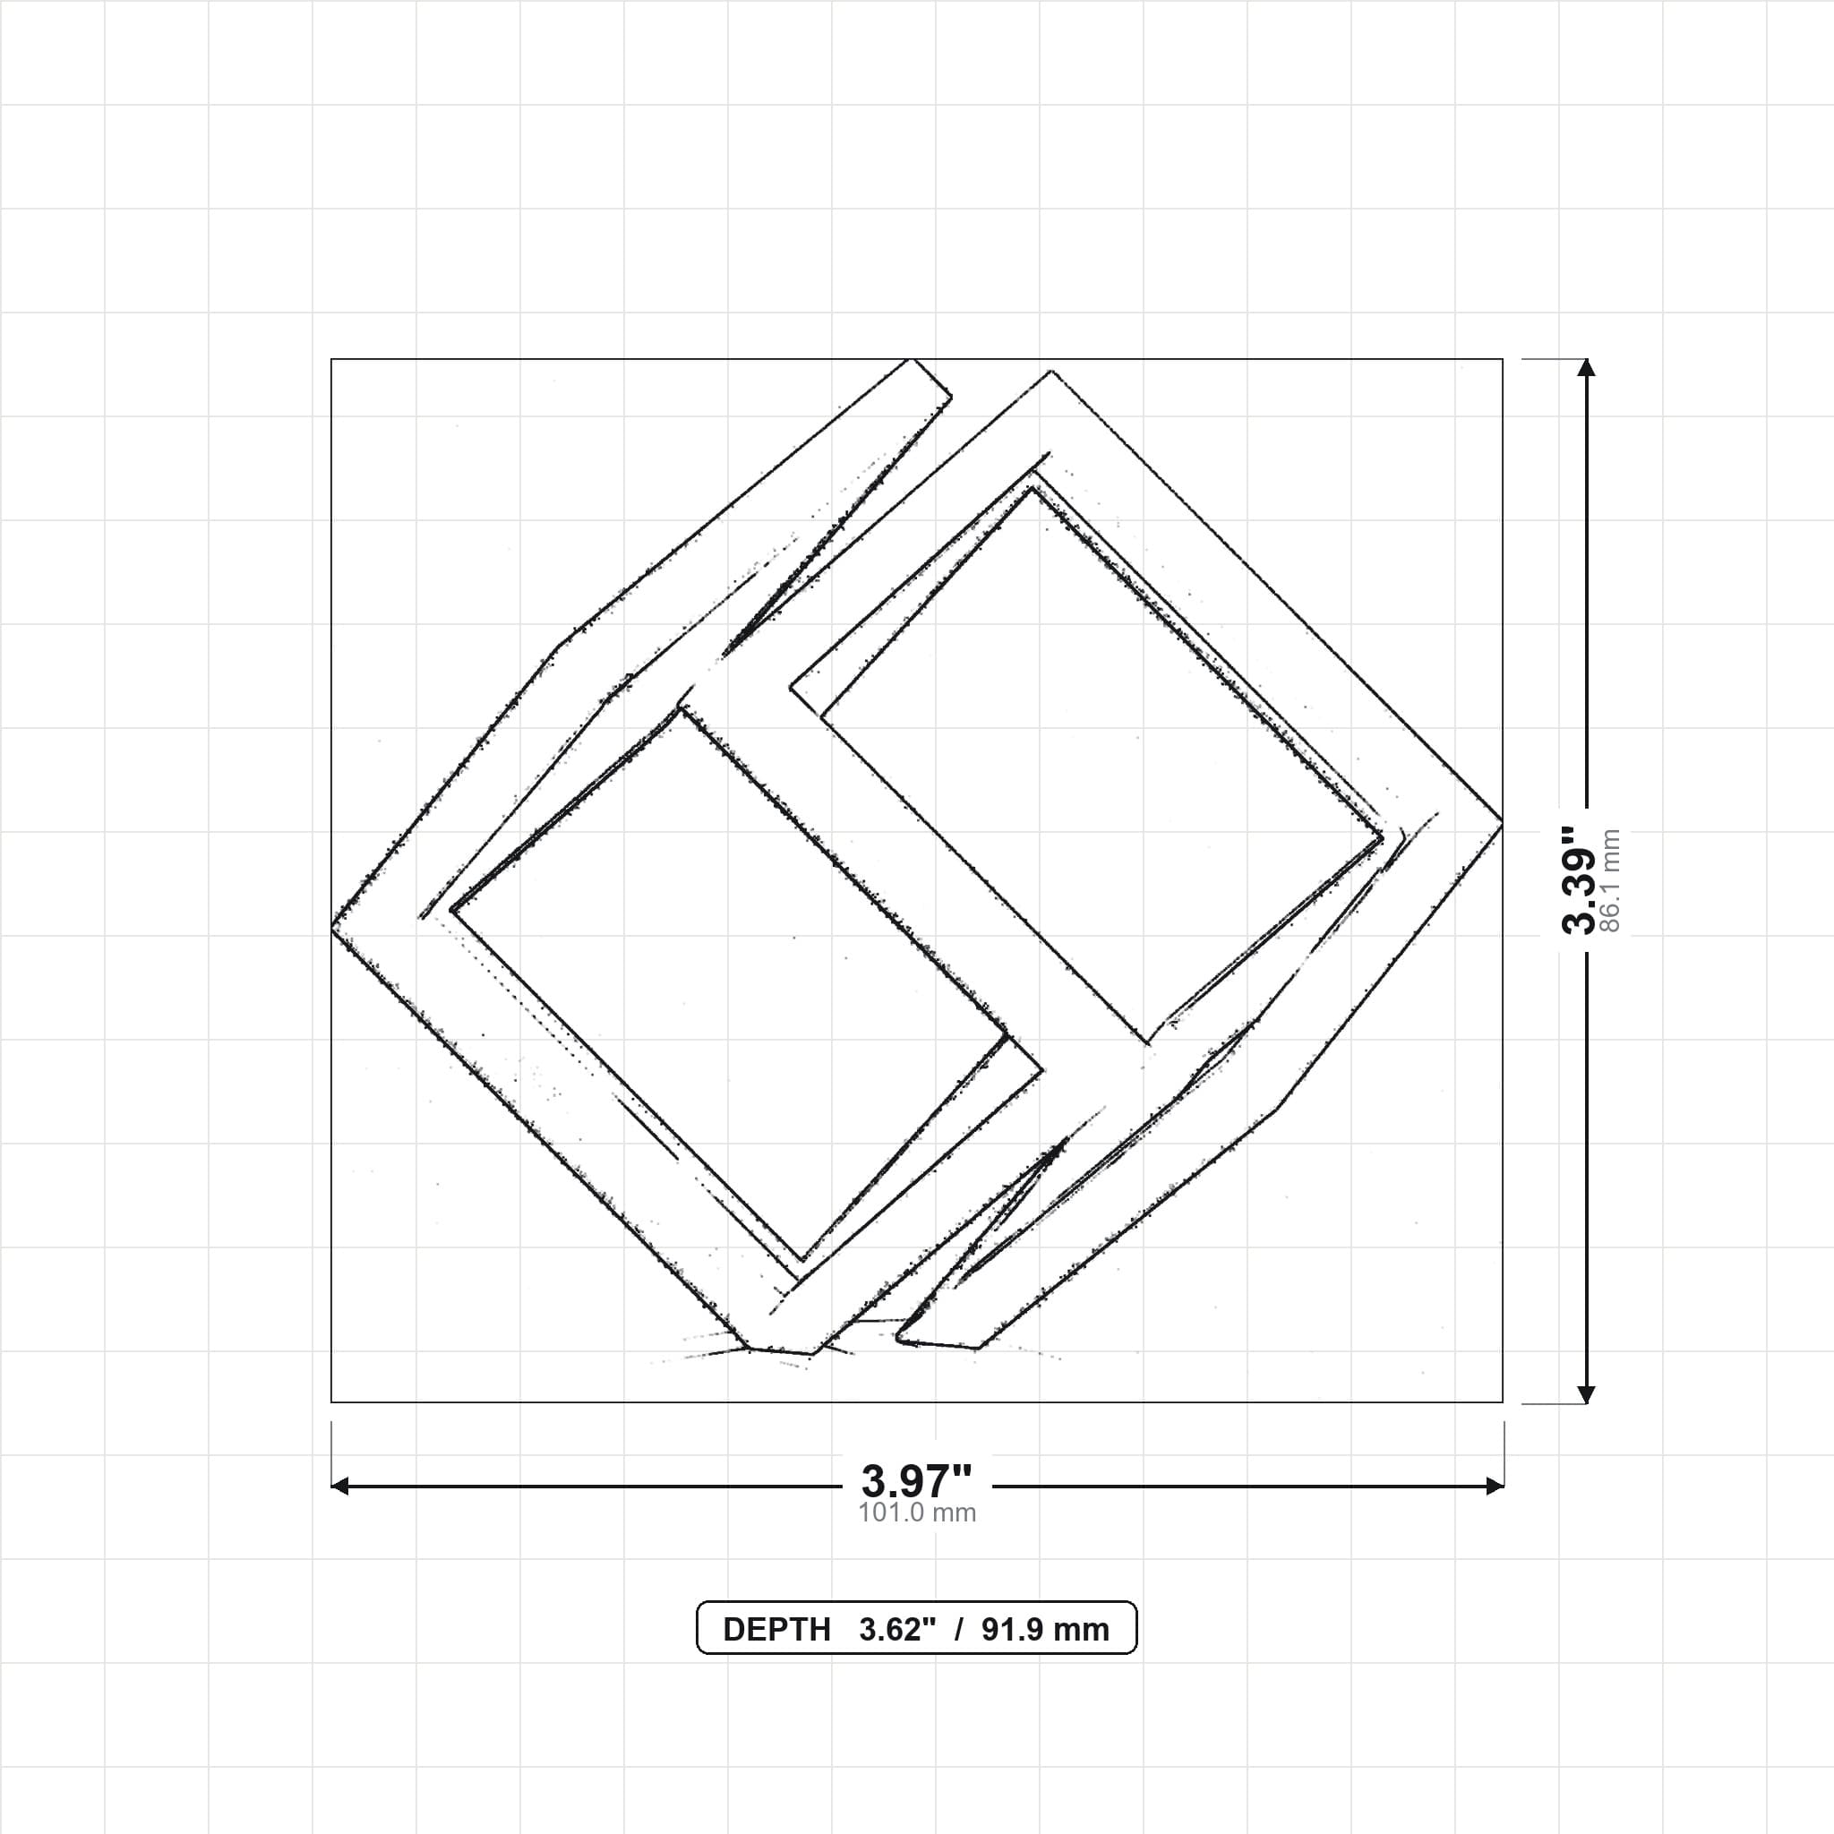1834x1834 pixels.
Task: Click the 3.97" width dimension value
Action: point(916,1480)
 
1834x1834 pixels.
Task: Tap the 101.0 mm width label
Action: point(917,1513)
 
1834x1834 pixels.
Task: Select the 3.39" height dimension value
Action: point(1581,880)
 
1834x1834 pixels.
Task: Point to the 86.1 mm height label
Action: point(1610,881)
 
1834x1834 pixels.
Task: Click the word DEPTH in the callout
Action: point(776,1629)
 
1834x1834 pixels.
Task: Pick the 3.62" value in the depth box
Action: point(898,1629)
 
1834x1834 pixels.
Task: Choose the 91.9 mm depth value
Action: point(1045,1629)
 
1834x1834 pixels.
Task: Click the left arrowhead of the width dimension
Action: point(339,1486)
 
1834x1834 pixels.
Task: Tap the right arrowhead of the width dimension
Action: point(1495,1486)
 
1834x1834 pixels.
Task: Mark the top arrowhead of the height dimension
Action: point(1586,367)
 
